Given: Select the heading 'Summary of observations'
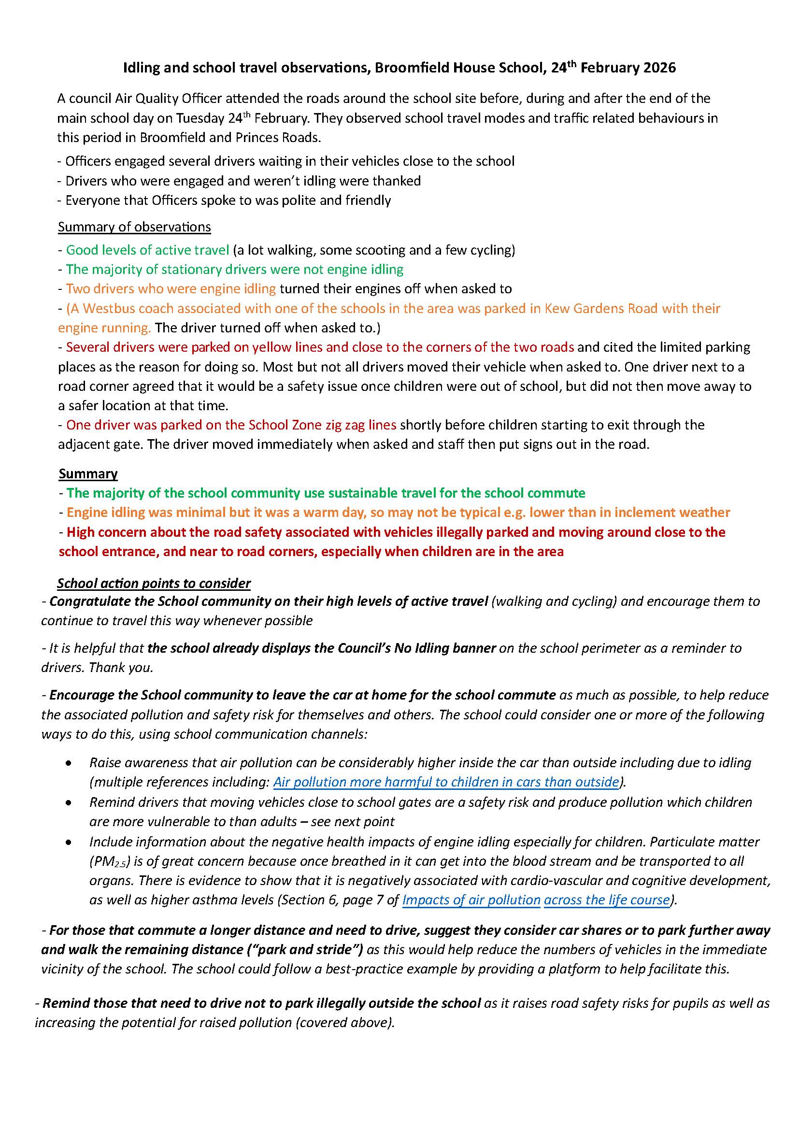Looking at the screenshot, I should pyautogui.click(x=134, y=227).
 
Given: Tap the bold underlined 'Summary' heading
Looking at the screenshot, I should pyautogui.click(x=88, y=473).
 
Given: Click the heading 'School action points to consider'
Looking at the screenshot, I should pyautogui.click(x=154, y=583).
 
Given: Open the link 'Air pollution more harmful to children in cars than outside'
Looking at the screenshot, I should pyautogui.click(x=446, y=782).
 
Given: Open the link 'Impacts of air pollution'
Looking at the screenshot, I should pyautogui.click(x=471, y=900).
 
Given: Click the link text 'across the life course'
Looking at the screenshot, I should pyautogui.click(x=607, y=900).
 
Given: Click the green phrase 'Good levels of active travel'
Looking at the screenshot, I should pyautogui.click(x=148, y=250).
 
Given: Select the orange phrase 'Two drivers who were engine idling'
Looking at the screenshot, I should pyautogui.click(x=171, y=289).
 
